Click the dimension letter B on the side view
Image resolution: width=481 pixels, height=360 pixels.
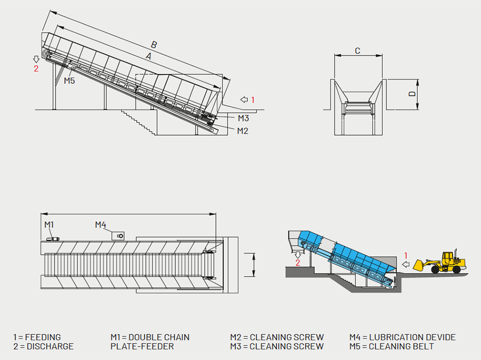[154, 44]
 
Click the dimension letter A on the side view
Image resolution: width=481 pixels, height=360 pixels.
[148, 56]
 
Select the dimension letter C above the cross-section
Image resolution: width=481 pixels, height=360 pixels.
[358, 51]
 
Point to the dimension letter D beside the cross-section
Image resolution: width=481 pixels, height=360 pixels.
[412, 93]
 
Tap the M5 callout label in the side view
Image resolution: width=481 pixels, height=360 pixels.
[69, 81]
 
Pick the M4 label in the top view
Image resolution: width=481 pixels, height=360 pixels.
[101, 224]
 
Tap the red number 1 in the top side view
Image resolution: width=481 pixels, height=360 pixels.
[253, 99]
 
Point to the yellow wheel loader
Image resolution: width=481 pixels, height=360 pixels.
[443, 261]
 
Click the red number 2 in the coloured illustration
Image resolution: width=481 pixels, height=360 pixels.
[298, 263]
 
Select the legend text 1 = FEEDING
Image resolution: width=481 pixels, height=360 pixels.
[37, 337]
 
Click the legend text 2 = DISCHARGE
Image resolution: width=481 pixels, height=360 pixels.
[43, 346]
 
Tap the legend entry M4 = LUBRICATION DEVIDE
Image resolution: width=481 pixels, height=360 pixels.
[402, 337]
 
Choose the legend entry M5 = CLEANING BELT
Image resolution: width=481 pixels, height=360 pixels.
[392, 346]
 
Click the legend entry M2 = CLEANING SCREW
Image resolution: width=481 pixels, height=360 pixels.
[277, 337]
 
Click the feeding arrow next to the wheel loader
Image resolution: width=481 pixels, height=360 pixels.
[406, 264]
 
